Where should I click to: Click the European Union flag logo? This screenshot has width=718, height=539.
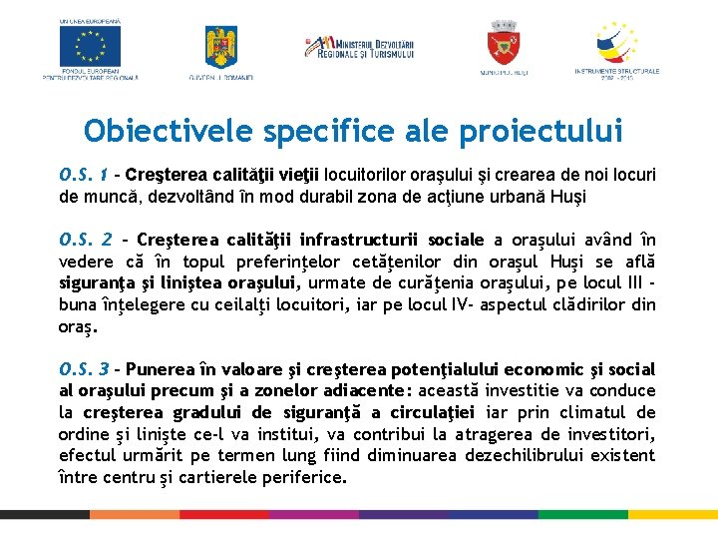pyautogui.click(x=90, y=45)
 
